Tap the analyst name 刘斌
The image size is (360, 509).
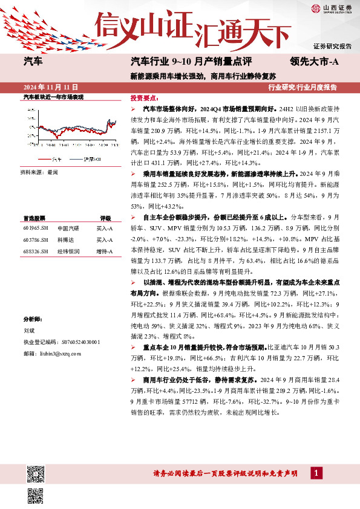(29, 331)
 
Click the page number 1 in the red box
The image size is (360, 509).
(316, 472)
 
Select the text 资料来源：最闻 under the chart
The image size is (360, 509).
(39, 172)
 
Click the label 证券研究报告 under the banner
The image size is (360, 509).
(332, 47)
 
